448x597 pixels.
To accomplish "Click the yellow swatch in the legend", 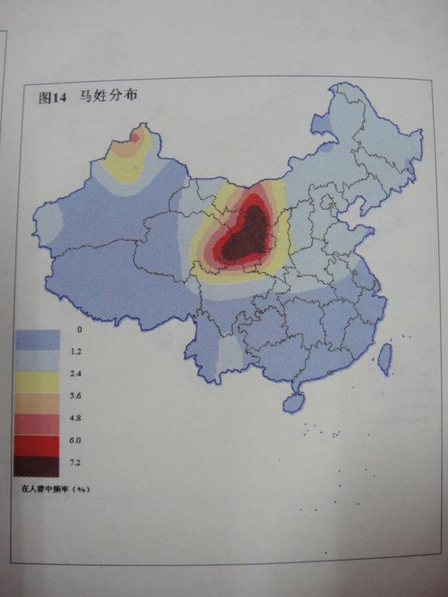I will click(x=36, y=382).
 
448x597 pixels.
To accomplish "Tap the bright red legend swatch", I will click(x=36, y=445).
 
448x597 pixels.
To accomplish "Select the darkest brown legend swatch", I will click(x=36, y=466).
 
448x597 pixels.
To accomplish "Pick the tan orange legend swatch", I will click(x=36, y=402).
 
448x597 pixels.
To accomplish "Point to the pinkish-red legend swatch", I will click(x=36, y=424).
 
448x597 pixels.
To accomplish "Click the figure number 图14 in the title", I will click(x=53, y=98).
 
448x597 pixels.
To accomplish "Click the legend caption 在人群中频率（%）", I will click(x=53, y=489).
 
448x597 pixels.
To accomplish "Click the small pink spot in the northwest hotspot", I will click(x=135, y=137).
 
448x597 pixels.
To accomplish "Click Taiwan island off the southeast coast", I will click(x=384, y=357).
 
